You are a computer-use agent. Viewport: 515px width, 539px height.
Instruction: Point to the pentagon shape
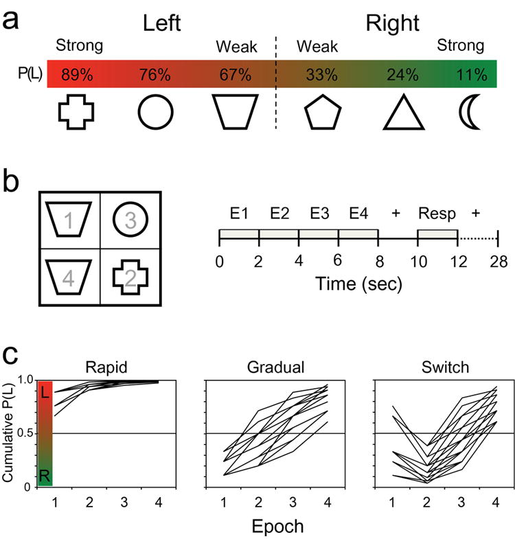[x=320, y=113]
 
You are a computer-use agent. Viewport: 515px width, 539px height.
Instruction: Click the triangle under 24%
[x=397, y=113]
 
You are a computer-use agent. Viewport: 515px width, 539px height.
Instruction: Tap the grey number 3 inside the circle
[x=129, y=220]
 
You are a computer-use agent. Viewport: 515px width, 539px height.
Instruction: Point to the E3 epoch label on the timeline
[x=318, y=213]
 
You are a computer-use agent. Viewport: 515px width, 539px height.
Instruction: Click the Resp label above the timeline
[x=437, y=213]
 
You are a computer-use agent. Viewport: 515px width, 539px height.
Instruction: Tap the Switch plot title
[x=438, y=365]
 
